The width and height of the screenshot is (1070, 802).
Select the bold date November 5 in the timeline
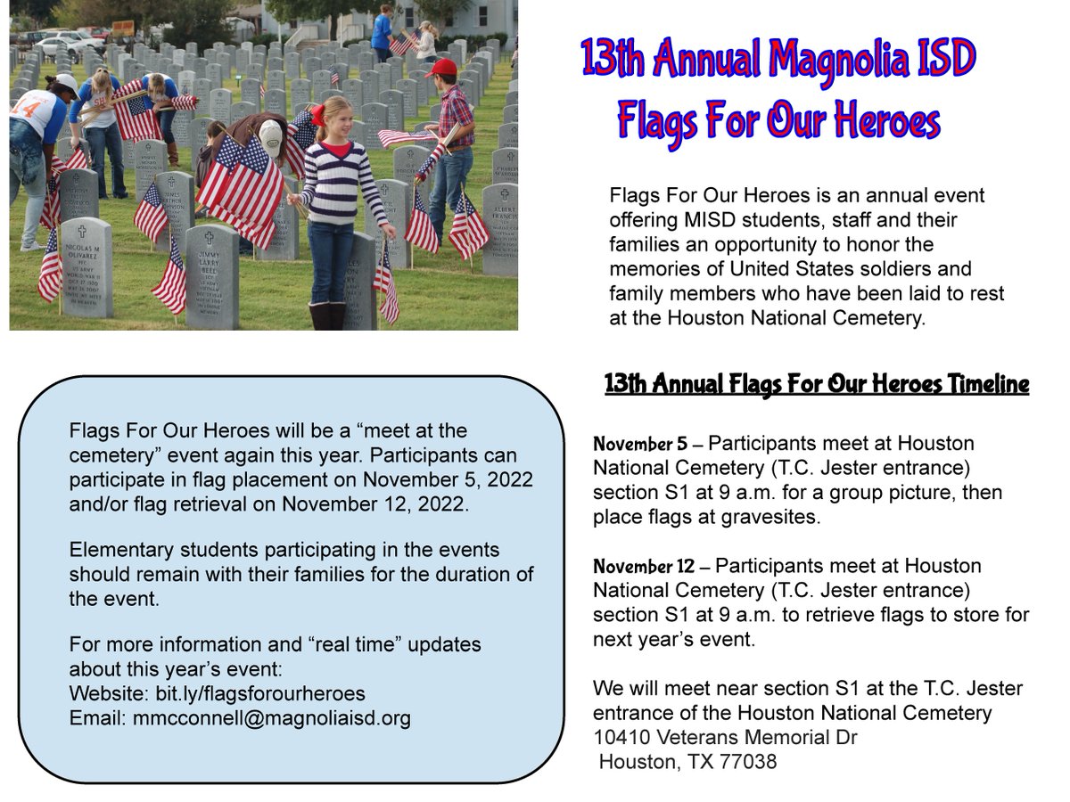642,444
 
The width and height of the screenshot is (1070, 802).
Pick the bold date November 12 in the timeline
646,567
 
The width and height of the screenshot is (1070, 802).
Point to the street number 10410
622,738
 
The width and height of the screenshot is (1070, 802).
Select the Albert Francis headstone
501,227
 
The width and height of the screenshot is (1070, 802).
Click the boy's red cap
440,68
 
